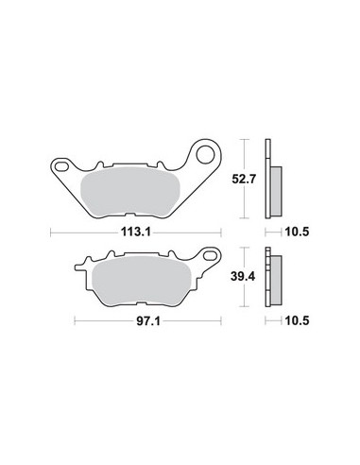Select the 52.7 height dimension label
244,179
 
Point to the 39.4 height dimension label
243,277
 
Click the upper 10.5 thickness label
297,232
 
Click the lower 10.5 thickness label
297,321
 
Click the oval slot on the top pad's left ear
61,165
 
